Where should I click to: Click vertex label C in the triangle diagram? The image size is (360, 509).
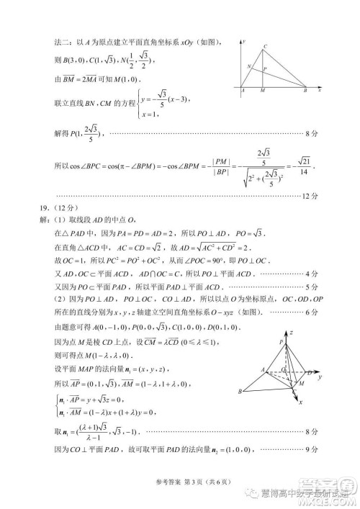[266, 47]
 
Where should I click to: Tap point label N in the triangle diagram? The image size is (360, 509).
[248, 66]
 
